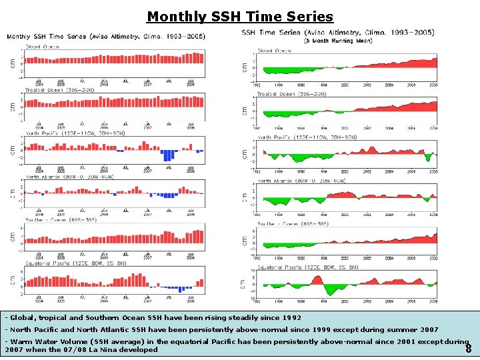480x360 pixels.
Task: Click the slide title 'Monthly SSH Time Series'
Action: [x=239, y=16]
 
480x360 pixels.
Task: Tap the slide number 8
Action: [x=469, y=349]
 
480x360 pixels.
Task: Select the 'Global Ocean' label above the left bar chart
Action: [x=42, y=47]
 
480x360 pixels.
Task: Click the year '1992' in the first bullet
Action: [x=291, y=318]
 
